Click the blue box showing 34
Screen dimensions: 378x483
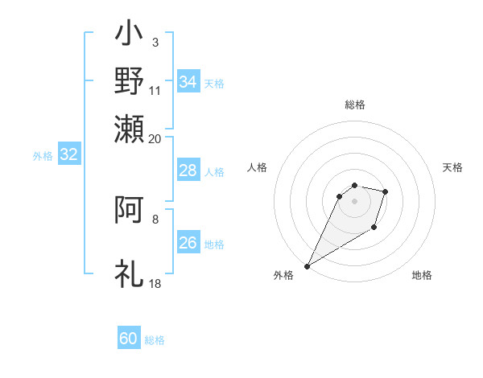(x=188, y=82)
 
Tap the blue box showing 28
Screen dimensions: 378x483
(x=188, y=171)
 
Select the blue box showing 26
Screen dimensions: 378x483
(x=188, y=243)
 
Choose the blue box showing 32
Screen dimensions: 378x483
(x=68, y=155)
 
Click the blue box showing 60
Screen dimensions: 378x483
(x=129, y=339)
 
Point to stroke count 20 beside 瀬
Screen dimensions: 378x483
(x=155, y=138)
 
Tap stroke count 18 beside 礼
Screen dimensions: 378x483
(x=155, y=284)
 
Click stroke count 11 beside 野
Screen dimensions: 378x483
(x=155, y=92)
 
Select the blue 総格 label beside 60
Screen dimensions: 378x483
(x=155, y=340)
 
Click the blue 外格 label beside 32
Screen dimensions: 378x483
(x=42, y=156)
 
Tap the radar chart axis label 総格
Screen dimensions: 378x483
(x=355, y=105)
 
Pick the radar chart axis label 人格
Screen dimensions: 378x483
(x=258, y=167)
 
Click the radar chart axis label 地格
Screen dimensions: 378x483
(x=422, y=275)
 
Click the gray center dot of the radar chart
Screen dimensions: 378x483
(x=355, y=201)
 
